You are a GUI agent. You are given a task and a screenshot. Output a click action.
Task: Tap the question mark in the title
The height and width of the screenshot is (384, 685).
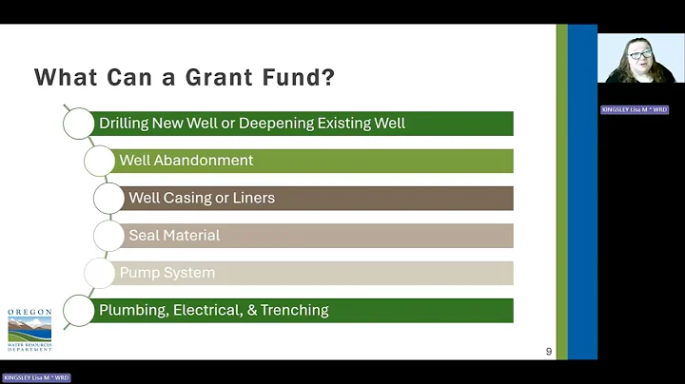click(x=328, y=77)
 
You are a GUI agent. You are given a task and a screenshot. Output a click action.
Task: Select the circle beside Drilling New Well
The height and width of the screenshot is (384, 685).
click(x=79, y=124)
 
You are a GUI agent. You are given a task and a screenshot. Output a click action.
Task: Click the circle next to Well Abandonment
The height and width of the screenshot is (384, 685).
click(x=99, y=161)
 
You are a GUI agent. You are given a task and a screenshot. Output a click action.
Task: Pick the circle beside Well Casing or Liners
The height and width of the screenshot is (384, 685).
click(x=108, y=198)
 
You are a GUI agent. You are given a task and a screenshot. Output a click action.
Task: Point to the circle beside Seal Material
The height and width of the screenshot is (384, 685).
click(x=108, y=235)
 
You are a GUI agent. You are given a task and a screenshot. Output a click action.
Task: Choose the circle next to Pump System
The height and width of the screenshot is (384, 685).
click(x=99, y=273)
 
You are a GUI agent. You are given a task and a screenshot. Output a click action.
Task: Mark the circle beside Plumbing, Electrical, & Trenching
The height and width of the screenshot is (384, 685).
click(x=79, y=310)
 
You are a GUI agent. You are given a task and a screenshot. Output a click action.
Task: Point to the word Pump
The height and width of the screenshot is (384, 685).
click(x=137, y=273)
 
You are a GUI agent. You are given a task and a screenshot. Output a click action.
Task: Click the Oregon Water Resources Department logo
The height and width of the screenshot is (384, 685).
click(x=29, y=330)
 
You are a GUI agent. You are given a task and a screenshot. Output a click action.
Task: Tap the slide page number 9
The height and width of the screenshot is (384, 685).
click(x=549, y=352)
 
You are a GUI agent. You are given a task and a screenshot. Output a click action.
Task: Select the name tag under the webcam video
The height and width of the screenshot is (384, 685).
click(x=635, y=109)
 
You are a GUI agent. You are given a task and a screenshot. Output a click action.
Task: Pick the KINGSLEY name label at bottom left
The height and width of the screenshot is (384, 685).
click(x=36, y=377)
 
